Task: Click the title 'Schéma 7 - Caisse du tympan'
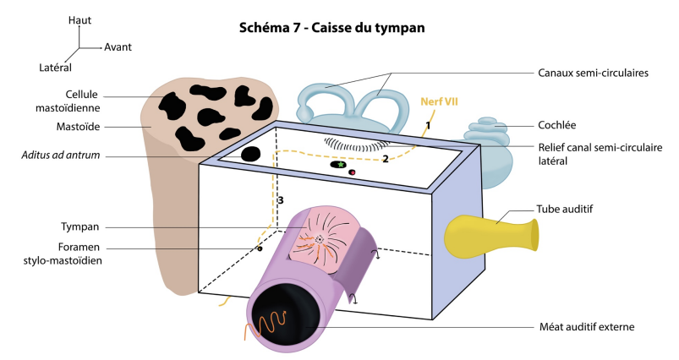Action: pyautogui.click(x=332, y=28)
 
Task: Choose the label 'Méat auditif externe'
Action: pyautogui.click(x=586, y=327)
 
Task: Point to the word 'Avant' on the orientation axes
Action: pyautogui.click(x=118, y=47)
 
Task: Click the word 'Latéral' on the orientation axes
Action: pyautogui.click(x=55, y=66)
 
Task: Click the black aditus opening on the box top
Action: pyautogui.click(x=250, y=154)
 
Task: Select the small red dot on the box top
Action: pyautogui.click(x=352, y=172)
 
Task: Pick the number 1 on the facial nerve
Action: pyautogui.click(x=428, y=125)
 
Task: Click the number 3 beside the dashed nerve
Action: pyautogui.click(x=280, y=200)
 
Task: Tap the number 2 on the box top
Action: pyautogui.click(x=385, y=158)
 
